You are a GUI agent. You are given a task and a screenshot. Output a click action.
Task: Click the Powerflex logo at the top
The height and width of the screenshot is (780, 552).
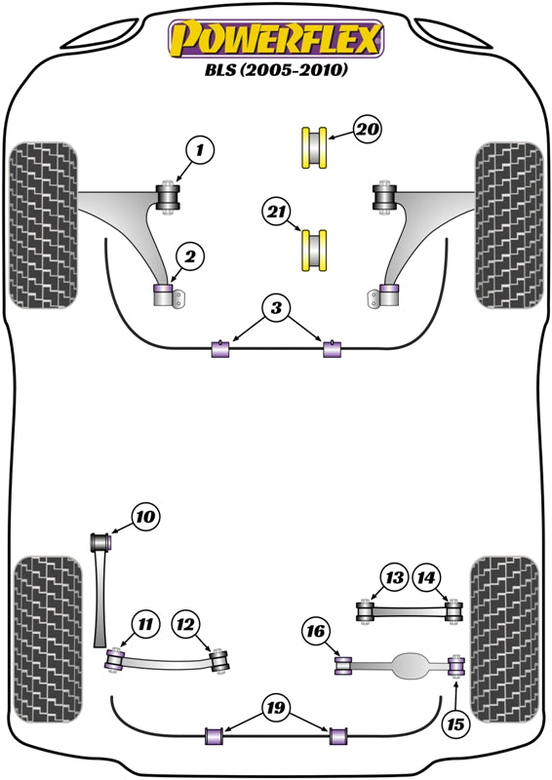(276, 39)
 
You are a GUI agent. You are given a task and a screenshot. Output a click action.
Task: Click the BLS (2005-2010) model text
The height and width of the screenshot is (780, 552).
(276, 71)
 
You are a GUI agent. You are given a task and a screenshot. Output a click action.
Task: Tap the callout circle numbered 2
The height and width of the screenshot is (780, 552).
(189, 256)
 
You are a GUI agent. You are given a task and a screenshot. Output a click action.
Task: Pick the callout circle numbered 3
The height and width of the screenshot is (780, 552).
(277, 309)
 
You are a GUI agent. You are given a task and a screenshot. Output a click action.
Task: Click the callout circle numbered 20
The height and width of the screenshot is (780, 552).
(367, 130)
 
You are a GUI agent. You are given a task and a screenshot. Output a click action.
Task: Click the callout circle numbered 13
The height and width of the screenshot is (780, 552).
(394, 578)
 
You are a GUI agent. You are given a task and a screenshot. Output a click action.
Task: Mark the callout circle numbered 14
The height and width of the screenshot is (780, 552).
(427, 578)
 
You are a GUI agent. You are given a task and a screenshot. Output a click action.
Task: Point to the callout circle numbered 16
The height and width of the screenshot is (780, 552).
(317, 633)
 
